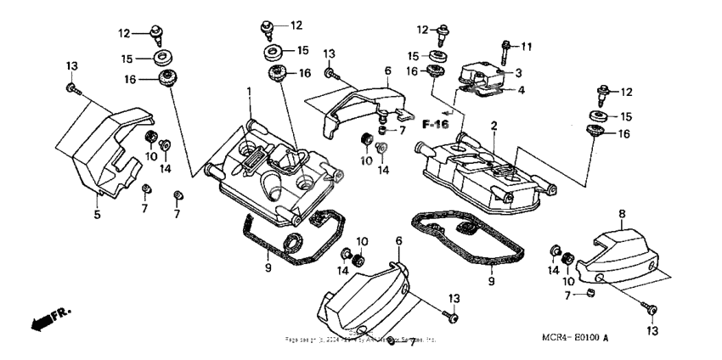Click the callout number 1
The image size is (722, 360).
point(250,91)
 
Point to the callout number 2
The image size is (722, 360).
point(492,126)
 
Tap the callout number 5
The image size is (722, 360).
point(97,215)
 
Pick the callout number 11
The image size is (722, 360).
point(526,45)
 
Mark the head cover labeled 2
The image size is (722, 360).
point(484,170)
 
